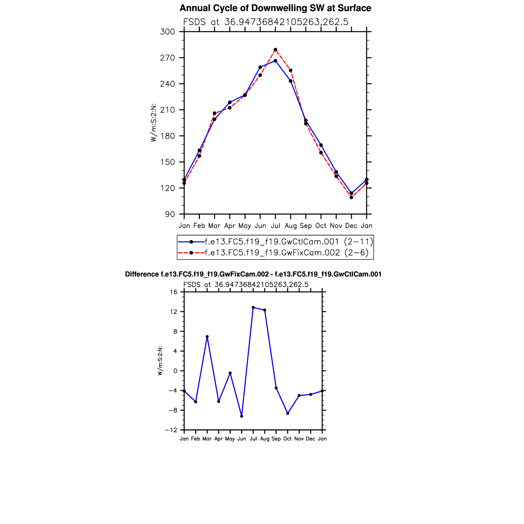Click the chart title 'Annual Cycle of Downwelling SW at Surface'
[275, 8]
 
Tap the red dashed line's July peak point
[275, 50]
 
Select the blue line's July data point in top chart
[275, 61]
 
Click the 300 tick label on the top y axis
[167, 32]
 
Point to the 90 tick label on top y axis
[170, 214]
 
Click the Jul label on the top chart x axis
[275, 226]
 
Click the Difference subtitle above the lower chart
[253, 274]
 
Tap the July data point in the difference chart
[253, 307]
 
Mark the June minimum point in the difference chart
[242, 416]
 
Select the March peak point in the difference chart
[207, 337]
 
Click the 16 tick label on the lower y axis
[173, 292]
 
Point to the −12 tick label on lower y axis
[171, 430]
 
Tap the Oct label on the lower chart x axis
[288, 439]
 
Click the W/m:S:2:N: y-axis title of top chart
[153, 123]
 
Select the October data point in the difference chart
[288, 413]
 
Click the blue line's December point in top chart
[351, 193]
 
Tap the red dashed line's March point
[214, 113]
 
